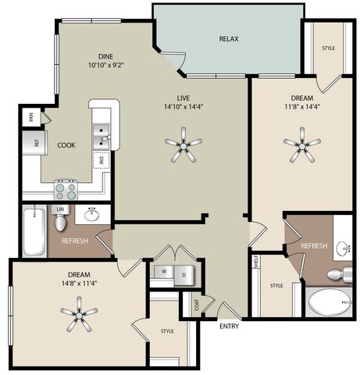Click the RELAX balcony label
coord(229,39)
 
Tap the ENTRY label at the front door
coord(229,326)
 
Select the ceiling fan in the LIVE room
coord(184,145)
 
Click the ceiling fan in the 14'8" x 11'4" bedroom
coord(79,314)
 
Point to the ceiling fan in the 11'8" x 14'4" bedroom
coord(302,145)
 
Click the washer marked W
coord(164,272)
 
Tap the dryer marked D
coord(184,275)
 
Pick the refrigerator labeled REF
coord(35,143)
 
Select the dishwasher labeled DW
coord(102,160)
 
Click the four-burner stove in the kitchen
coord(66,190)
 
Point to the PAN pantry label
coord(31,117)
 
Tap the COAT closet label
coord(197,305)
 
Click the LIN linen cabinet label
coord(60,209)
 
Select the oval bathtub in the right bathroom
coord(330,302)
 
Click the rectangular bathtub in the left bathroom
coord(34,230)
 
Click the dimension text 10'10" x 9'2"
coord(105,65)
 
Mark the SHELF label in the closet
coord(255,261)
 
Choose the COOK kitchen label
coord(66,145)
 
